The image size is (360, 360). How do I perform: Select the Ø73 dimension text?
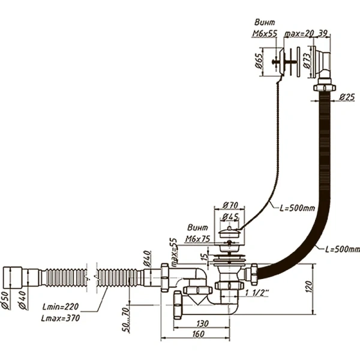tap(307, 62)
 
